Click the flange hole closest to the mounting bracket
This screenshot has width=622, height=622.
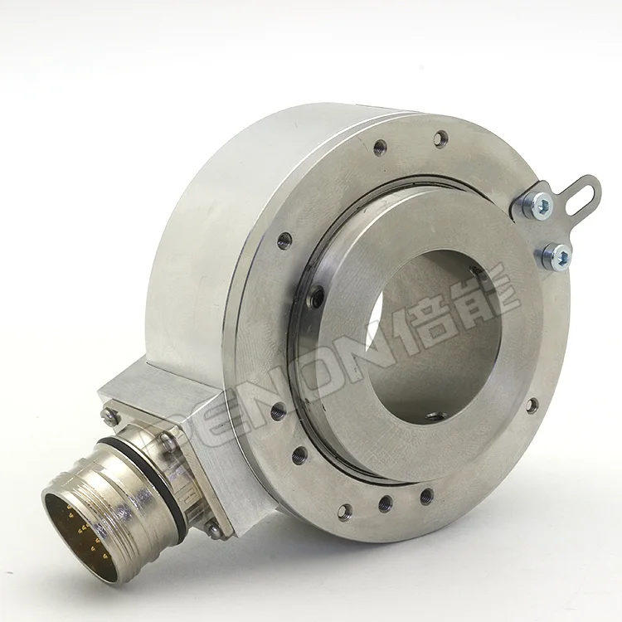(441, 138)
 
